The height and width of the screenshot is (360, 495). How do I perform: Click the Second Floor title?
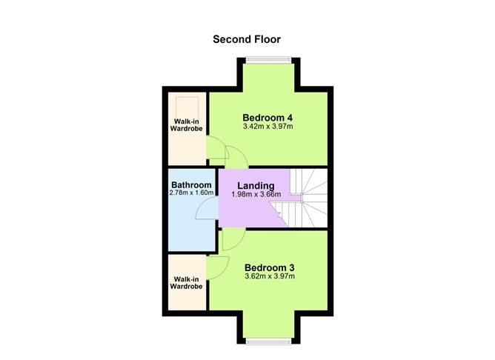tap(247, 39)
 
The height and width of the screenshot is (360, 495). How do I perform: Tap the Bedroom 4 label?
tap(268, 117)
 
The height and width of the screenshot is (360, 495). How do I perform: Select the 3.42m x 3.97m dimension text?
tap(268, 127)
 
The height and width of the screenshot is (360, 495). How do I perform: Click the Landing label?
tap(256, 185)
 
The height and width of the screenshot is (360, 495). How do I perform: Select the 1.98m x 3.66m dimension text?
tap(256, 194)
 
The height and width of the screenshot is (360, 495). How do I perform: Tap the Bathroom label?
tap(191, 184)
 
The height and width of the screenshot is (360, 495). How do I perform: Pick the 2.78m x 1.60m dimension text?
tap(191, 193)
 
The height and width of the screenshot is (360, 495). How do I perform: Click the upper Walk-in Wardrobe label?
tap(187, 124)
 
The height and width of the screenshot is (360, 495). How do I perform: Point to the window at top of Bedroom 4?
tap(268, 60)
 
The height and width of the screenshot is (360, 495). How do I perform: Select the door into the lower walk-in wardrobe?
tap(216, 268)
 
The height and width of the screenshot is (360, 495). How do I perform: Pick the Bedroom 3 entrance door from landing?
tap(230, 239)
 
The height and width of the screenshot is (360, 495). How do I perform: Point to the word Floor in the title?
tap(266, 39)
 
